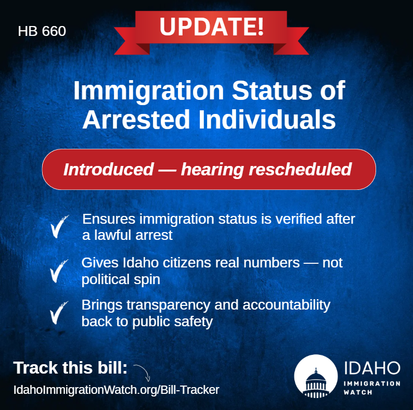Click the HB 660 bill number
tap(42, 32)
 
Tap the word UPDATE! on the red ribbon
tap(211, 27)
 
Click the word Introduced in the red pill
tap(108, 170)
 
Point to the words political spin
tap(121, 279)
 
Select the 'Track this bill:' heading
tap(70, 368)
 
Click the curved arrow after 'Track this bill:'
tap(142, 373)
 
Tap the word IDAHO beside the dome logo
tap(372, 367)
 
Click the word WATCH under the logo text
tap(358, 392)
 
